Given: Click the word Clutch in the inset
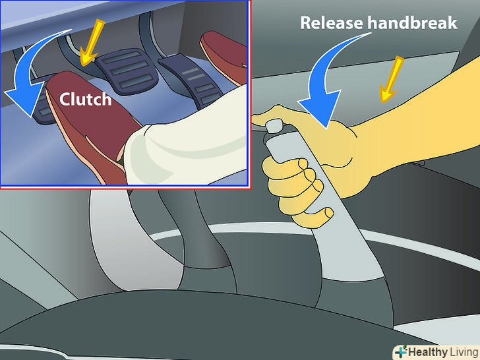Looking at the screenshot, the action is pyautogui.click(x=86, y=99).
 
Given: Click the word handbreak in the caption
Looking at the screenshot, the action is pyautogui.click(x=412, y=22).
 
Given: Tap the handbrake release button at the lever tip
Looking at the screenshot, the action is pyautogui.click(x=274, y=126).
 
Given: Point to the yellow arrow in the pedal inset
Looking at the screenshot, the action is pyautogui.click(x=91, y=43).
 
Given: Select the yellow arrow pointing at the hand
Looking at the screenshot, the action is pyautogui.click(x=391, y=79).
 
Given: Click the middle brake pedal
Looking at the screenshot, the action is pyautogui.click(x=127, y=71).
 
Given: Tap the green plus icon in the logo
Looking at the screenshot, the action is pyautogui.click(x=401, y=352).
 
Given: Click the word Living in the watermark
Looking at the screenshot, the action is pyautogui.click(x=464, y=353).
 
